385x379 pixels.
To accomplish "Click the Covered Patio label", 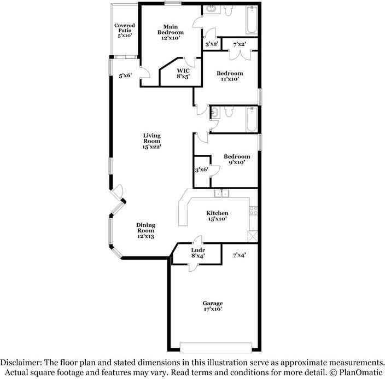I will click(125, 31).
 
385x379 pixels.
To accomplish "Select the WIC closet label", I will click(183, 74).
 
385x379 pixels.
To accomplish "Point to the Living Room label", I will click(152, 141).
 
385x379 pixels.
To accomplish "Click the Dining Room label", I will click(145, 230).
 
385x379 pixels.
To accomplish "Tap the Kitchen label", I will click(217, 215).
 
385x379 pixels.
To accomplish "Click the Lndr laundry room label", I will click(197, 253).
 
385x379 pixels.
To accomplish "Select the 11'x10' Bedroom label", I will click(230, 76).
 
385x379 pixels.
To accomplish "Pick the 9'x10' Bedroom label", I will click(237, 159).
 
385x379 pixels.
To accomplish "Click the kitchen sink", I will click(221, 193).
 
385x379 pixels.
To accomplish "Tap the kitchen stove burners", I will click(253, 210).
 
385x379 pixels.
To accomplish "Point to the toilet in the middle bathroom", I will click(229, 113).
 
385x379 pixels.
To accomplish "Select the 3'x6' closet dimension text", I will click(202, 171).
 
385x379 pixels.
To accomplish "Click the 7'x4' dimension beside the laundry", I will click(239, 254).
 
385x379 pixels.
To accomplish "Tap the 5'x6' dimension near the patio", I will click(125, 76).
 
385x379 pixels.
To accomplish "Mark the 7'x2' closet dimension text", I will click(240, 44).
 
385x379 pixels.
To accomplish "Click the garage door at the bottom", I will click(217, 347).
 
